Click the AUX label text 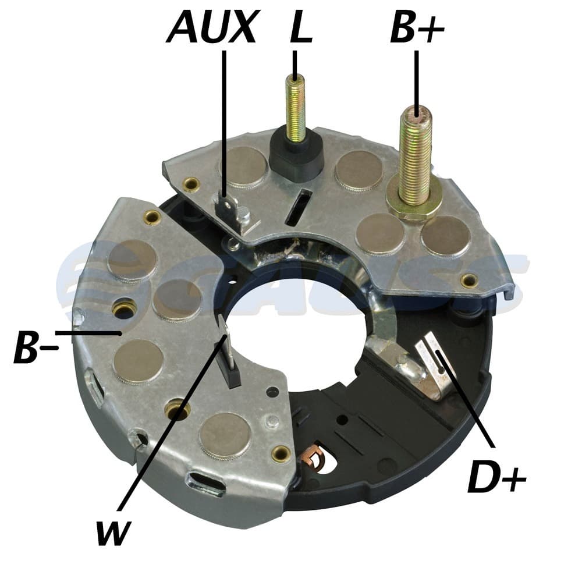pyautogui.click(x=212, y=26)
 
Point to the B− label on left pyautogui.click(x=35, y=347)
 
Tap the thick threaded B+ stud pyautogui.click(x=416, y=156)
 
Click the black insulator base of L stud pyautogui.click(x=296, y=158)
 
